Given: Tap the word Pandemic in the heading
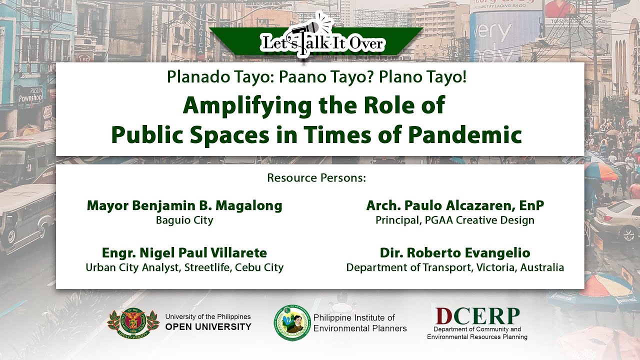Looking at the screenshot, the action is click(x=465, y=134).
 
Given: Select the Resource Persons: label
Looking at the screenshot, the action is click(x=316, y=178).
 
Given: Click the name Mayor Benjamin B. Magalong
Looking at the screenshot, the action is click(x=184, y=206).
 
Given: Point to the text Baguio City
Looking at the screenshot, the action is click(x=184, y=220).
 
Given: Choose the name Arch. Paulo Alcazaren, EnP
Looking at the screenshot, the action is click(x=455, y=205).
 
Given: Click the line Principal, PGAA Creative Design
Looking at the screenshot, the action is click(x=455, y=220).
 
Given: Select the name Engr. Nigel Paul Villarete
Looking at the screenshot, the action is click(x=184, y=253).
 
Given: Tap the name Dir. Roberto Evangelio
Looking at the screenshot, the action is click(x=455, y=253).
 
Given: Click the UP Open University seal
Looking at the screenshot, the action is click(x=133, y=323).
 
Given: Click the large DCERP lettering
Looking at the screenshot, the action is click(x=477, y=316).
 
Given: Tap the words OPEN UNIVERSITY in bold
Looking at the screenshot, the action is click(x=208, y=327).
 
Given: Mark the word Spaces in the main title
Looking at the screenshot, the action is click(x=229, y=135).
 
